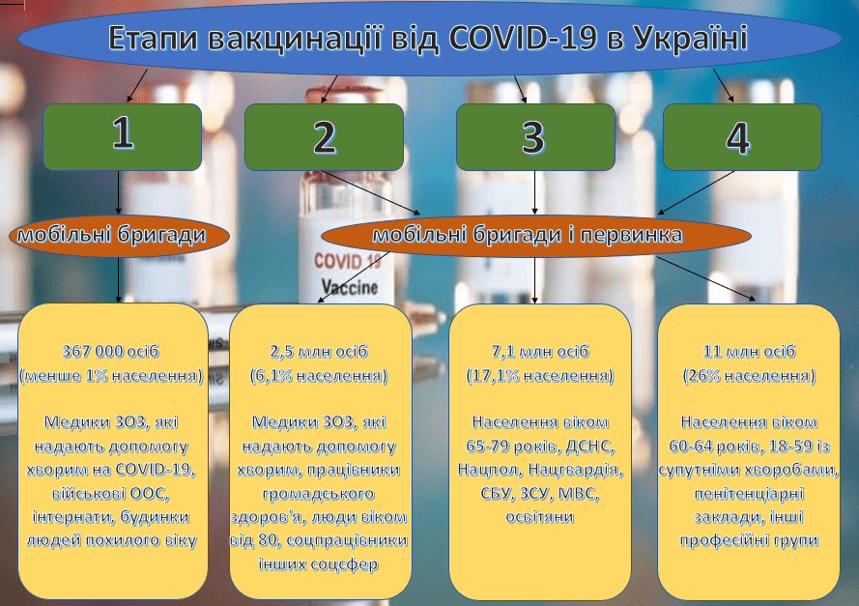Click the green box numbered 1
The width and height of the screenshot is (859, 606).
pos(122,136)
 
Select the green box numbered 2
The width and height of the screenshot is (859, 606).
pos(324,136)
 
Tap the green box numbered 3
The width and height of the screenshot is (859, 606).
pos(535,136)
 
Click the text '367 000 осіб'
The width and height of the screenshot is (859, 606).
pos(112,350)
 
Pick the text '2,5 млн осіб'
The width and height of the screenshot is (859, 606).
pos(319,350)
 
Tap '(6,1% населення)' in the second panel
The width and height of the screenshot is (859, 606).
pos(319,374)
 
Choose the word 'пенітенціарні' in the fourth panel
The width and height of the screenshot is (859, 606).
pos(748,494)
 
